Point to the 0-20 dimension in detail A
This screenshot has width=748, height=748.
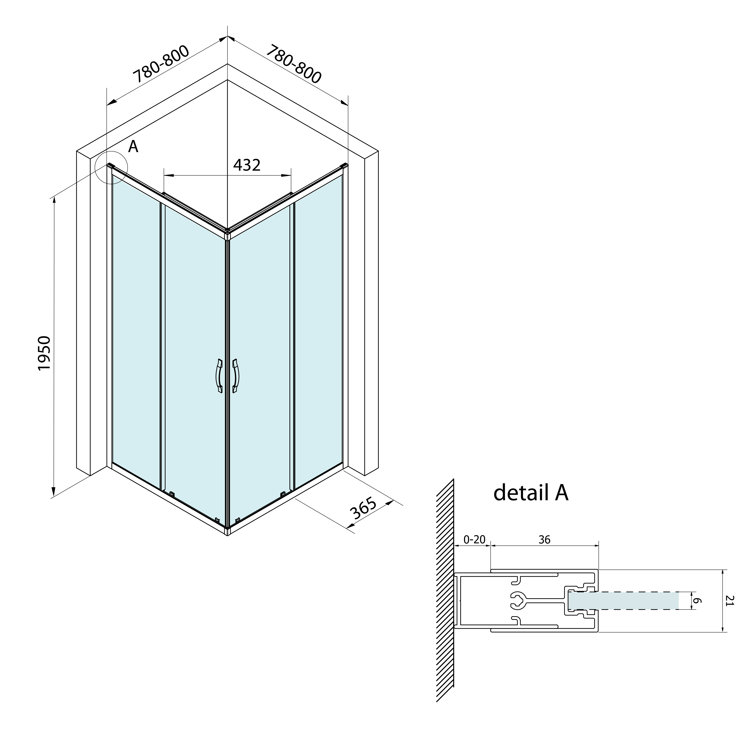pos(474,540)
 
